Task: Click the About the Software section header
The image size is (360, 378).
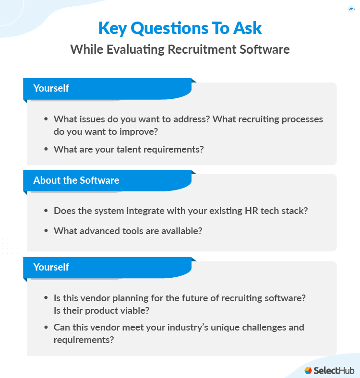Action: (x=76, y=180)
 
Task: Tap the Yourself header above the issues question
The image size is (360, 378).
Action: (x=51, y=88)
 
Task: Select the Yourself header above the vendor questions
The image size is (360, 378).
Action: (x=51, y=267)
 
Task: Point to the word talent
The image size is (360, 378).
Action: (x=119, y=149)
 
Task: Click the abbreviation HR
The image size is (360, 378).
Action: (x=252, y=211)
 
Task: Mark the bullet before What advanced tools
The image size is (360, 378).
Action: (x=46, y=231)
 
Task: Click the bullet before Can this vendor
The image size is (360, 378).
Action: (x=46, y=328)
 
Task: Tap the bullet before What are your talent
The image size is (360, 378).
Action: (x=46, y=149)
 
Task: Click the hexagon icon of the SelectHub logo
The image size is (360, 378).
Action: (x=308, y=370)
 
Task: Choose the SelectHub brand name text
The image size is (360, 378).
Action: (x=334, y=370)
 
